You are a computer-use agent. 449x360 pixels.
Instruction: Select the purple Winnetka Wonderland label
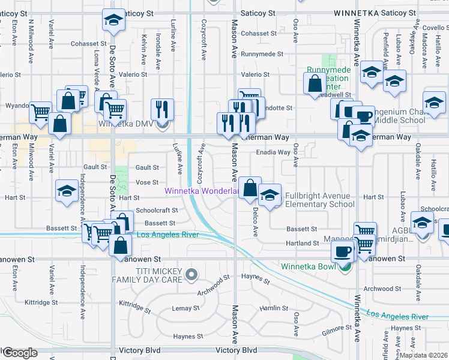tap(203, 191)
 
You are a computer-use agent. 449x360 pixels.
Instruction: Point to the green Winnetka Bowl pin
tap(343, 267)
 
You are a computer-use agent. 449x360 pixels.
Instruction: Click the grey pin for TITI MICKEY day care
tap(191, 275)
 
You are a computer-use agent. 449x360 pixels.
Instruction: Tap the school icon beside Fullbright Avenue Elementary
tap(270, 194)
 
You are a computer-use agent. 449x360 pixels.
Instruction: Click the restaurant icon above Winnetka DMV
tap(161, 109)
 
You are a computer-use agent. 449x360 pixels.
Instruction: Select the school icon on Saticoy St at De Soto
tap(112, 20)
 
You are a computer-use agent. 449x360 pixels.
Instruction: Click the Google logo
tap(20, 353)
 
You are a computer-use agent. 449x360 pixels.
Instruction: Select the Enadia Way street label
tap(273, 152)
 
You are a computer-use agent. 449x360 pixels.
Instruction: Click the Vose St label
tap(147, 182)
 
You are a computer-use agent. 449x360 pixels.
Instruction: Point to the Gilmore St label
tap(336, 328)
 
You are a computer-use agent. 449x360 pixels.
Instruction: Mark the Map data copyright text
tap(424, 355)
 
